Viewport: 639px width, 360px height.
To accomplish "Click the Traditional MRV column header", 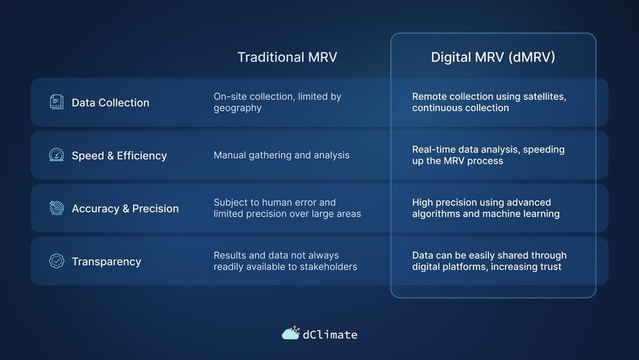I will pyautogui.click(x=287, y=57).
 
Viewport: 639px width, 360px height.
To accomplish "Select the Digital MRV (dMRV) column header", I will pyautogui.click(x=493, y=57).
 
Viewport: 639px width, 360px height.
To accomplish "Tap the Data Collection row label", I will pyautogui.click(x=110, y=102).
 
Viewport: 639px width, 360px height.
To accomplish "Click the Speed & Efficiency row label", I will pyautogui.click(x=119, y=155).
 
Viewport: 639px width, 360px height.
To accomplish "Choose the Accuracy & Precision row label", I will pyautogui.click(x=125, y=208).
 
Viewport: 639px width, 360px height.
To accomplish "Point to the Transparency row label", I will pyautogui.click(x=106, y=262).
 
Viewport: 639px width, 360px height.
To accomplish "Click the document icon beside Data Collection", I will pyautogui.click(x=57, y=102).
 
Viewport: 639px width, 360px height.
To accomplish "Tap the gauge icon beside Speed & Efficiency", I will pyautogui.click(x=57, y=155).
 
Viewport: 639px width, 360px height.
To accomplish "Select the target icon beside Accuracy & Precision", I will pyautogui.click(x=57, y=208).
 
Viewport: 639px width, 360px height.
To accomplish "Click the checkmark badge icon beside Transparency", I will pyautogui.click(x=57, y=261).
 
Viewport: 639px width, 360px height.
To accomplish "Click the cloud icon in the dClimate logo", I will pyautogui.click(x=291, y=333).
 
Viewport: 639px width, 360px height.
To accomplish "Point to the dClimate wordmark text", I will pyautogui.click(x=331, y=334).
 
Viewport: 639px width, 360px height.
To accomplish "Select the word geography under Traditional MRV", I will pyautogui.click(x=237, y=108).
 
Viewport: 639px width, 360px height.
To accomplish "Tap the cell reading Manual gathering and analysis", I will pyautogui.click(x=281, y=155).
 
